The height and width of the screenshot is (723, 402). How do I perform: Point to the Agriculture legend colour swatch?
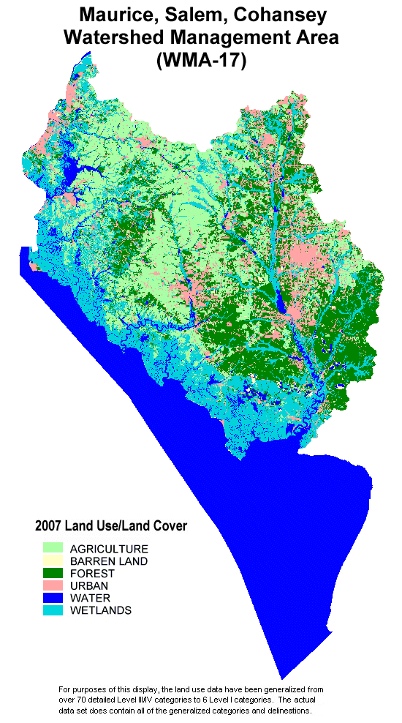53,548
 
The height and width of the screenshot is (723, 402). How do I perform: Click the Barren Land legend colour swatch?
53,561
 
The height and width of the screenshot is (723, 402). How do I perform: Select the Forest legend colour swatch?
53,573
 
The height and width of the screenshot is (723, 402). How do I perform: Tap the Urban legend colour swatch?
53,585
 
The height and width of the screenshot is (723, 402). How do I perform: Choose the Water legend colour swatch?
53,598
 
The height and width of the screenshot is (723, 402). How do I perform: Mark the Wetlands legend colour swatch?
53,610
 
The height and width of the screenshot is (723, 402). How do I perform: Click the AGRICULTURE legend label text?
109,549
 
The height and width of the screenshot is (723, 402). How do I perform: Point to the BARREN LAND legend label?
109,561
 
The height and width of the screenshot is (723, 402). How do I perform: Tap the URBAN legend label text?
89,586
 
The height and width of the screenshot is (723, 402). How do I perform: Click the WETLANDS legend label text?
101,611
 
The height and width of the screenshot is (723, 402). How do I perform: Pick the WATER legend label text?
90,599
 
